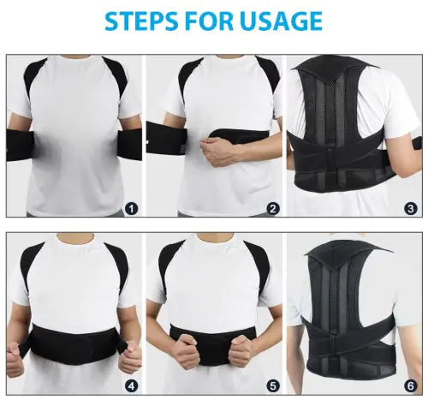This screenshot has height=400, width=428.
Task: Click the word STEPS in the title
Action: pyautogui.click(x=139, y=21)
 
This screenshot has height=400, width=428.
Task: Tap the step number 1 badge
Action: pyautogui.click(x=130, y=207)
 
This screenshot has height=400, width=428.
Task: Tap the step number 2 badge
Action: pyautogui.click(x=272, y=207)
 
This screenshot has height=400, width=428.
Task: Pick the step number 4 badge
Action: pyautogui.click(x=130, y=385)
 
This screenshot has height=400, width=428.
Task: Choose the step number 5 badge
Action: pyautogui.click(x=272, y=385)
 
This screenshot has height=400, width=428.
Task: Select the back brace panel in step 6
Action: pyautogui.click(x=353, y=317)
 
